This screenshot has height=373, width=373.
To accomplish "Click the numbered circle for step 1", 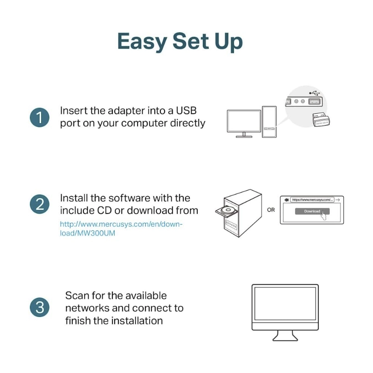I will pyautogui.click(x=40, y=117).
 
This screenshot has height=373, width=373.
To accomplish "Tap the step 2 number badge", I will pyautogui.click(x=40, y=205).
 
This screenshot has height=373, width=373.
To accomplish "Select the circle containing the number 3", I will pyautogui.click(x=40, y=307).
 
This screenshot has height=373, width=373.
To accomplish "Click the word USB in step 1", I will pyautogui.click(x=186, y=111).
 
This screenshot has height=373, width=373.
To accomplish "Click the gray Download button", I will pyautogui.click(x=311, y=211).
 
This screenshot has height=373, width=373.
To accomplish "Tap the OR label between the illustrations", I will pyautogui.click(x=271, y=210).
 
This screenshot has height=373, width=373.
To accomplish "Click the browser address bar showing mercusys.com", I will pyautogui.click(x=312, y=200).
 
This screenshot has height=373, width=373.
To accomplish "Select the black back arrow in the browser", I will pyautogui.click(x=286, y=200).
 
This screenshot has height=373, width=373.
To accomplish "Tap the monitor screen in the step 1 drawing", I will pyautogui.click(x=243, y=122).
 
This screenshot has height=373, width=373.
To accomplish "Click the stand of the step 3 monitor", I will pyautogui.click(x=285, y=335).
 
